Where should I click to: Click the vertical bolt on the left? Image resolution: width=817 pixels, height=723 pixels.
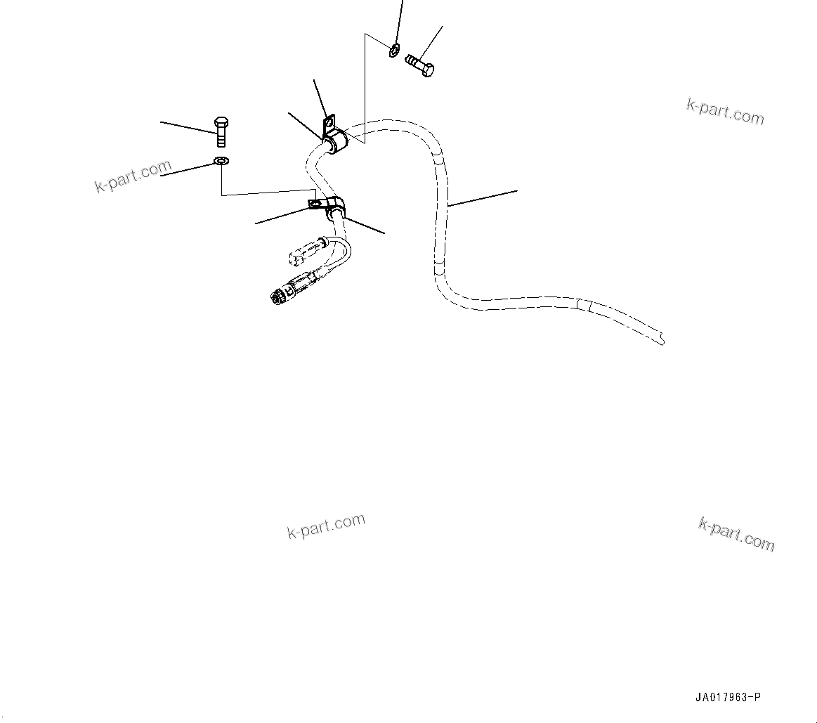(x=220, y=131)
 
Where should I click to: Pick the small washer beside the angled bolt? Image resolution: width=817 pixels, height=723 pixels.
(x=394, y=50)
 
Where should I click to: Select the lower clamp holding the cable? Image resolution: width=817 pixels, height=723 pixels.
(x=334, y=207)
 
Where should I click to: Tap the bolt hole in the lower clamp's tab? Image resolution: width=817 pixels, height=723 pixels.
(x=315, y=204)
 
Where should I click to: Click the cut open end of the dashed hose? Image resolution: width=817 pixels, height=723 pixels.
(x=662, y=339)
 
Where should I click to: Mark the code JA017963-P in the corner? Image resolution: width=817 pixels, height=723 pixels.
(x=728, y=698)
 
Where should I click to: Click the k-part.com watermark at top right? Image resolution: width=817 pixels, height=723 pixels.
(x=725, y=111)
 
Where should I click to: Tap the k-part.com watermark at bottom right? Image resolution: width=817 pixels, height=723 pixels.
(x=736, y=533)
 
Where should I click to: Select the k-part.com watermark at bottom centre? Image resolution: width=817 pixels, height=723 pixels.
(x=326, y=526)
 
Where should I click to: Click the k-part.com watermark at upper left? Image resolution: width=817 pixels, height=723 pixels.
(x=133, y=176)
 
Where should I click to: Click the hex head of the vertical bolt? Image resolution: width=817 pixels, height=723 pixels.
(x=220, y=122)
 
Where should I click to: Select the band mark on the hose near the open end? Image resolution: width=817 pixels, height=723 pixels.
(x=583, y=306)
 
